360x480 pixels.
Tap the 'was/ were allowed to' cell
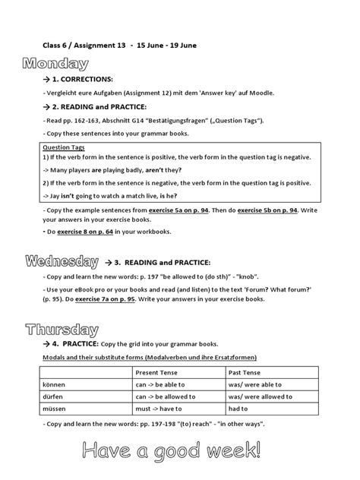(x=261, y=396)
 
